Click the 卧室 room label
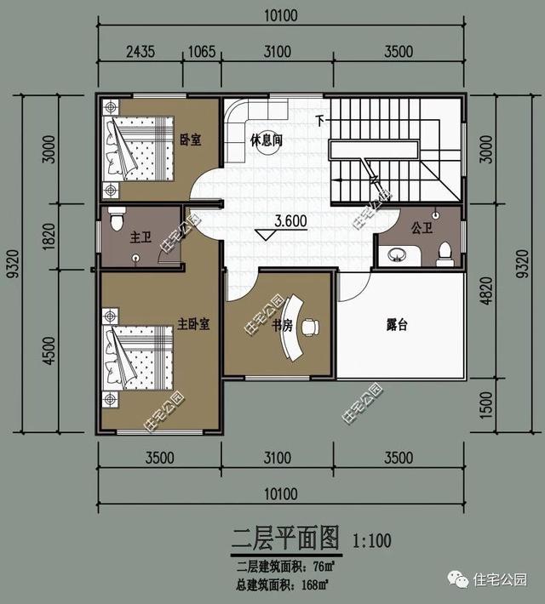pyautogui.click(x=191, y=140)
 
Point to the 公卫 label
pyautogui.click(x=422, y=229)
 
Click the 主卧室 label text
pyautogui.click(x=193, y=324)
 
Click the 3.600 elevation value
pyautogui.click(x=291, y=221)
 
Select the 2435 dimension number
pyautogui.click(x=140, y=51)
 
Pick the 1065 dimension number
pyautogui.click(x=201, y=51)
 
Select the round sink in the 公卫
pyautogui.click(x=396, y=253)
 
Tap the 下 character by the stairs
pyautogui.click(x=320, y=120)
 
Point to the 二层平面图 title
pyautogui.click(x=285, y=538)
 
